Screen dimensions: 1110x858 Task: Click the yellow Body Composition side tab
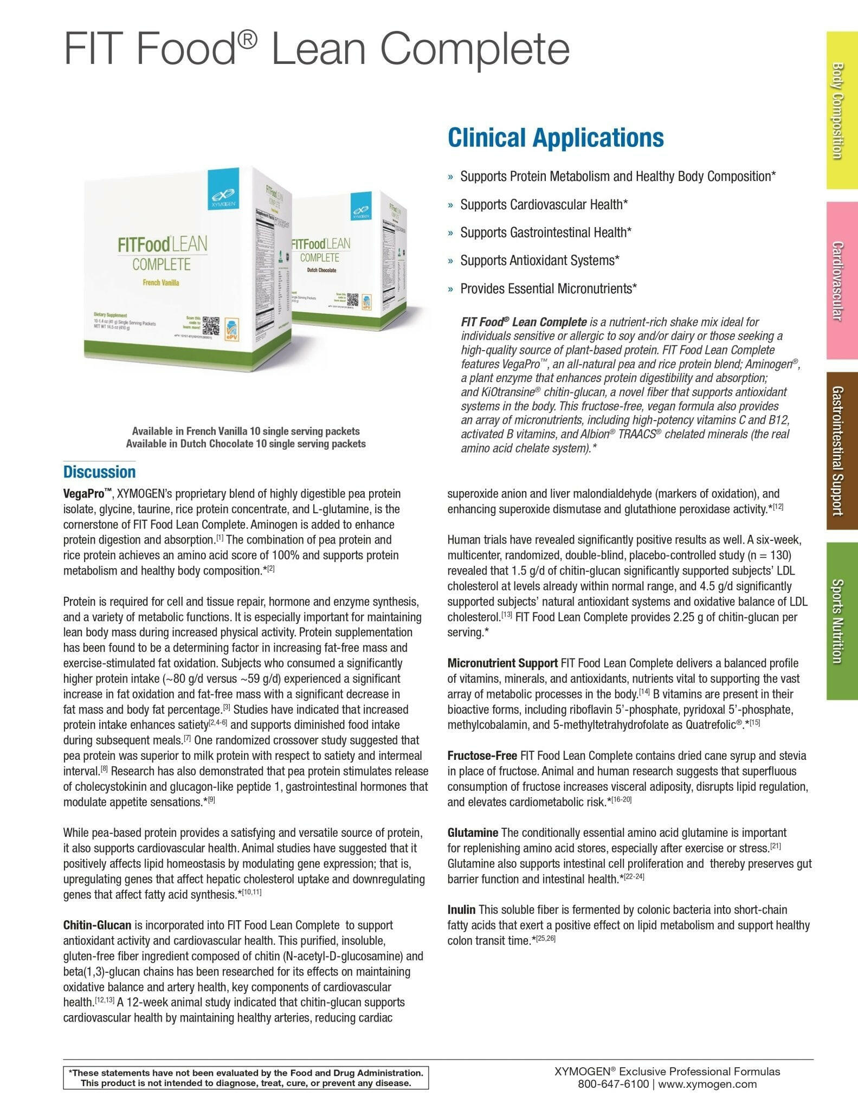[841, 111]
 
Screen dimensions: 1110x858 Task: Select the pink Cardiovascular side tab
[841, 280]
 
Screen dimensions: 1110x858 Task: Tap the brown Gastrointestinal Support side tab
[841, 450]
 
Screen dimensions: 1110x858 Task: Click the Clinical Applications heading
[556, 138]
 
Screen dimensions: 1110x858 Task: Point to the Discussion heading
[99, 472]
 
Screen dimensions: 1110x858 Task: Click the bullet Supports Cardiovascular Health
[544, 204]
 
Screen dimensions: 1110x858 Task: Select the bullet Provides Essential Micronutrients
[548, 288]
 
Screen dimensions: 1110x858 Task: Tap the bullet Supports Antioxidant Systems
[539, 260]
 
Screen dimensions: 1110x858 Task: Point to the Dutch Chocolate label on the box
[314, 270]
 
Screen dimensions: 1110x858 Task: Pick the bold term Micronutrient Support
[502, 663]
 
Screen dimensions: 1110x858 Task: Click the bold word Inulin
[461, 909]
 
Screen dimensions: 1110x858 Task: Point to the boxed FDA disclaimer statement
[246, 1078]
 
